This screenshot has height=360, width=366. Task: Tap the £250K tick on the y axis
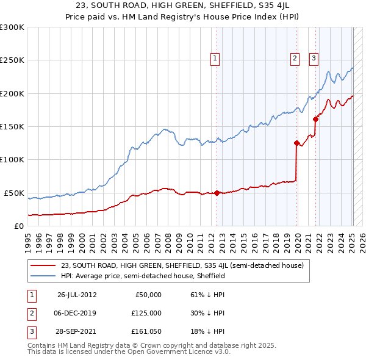click(12, 60)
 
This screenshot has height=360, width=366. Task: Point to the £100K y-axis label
click(12, 159)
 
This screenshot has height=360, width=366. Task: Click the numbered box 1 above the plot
click(216, 59)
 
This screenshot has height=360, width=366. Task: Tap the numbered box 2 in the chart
click(295, 59)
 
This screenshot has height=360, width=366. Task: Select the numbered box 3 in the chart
click(314, 59)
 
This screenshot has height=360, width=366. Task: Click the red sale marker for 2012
click(217, 193)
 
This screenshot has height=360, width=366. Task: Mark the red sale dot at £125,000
click(296, 143)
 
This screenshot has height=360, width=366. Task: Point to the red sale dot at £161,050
click(316, 120)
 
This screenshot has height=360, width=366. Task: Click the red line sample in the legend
click(43, 265)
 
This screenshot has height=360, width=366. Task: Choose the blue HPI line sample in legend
click(43, 276)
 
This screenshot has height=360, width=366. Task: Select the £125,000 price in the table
click(146, 313)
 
